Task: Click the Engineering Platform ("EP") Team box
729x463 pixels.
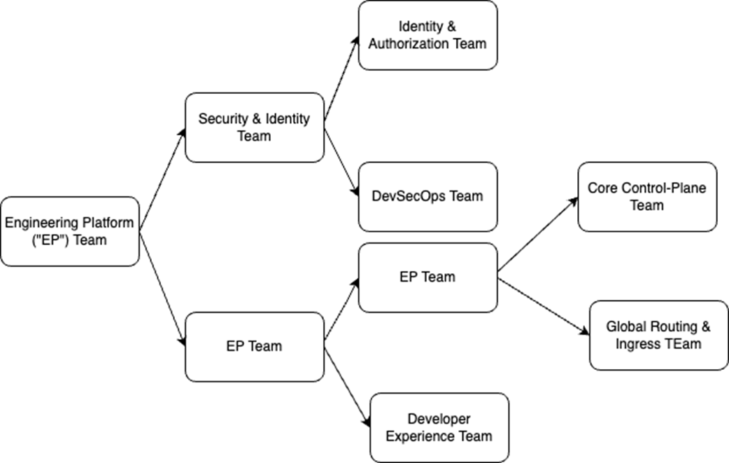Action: [x=70, y=231]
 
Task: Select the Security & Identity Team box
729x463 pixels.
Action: [x=254, y=127]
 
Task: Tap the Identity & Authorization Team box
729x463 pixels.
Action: [x=427, y=35]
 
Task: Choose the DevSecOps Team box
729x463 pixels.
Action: [x=427, y=197]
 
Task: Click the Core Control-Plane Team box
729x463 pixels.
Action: [x=647, y=197]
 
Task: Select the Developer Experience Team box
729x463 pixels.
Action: [x=439, y=427]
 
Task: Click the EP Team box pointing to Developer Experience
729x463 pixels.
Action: [x=254, y=346]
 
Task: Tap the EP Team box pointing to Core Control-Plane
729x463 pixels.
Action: [x=427, y=277]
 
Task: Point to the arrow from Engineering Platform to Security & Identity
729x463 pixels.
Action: [x=162, y=179]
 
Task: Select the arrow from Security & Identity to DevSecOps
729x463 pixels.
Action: [x=341, y=163]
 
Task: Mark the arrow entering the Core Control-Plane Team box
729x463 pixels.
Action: [x=537, y=234]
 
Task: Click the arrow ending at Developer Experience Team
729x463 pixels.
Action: [x=346, y=382]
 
